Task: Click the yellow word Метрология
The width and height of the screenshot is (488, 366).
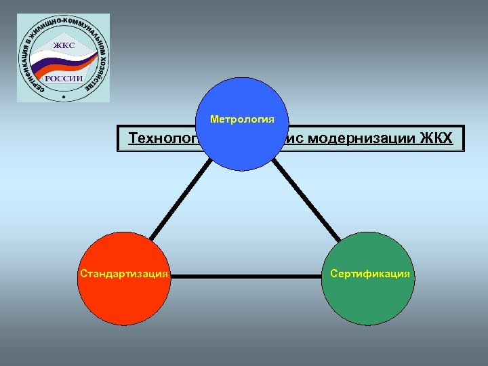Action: (x=242, y=120)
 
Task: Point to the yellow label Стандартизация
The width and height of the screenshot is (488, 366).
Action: (x=124, y=274)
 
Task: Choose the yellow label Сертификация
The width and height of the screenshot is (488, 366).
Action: (x=369, y=274)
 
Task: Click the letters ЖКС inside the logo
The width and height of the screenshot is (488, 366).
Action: (x=65, y=46)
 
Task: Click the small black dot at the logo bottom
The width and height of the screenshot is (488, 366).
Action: (x=64, y=97)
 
